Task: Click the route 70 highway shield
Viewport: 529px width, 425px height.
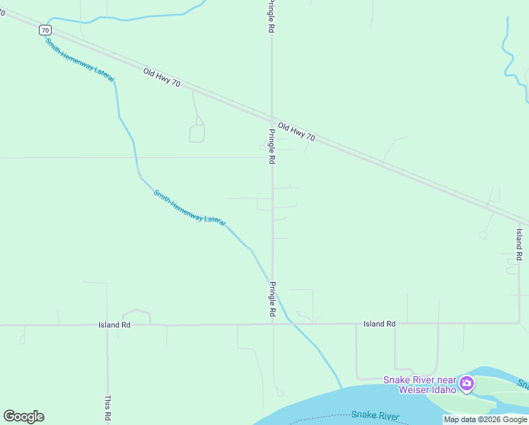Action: tap(45, 30)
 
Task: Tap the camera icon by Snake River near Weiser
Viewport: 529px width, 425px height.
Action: tap(466, 385)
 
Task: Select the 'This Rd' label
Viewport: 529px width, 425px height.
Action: tap(107, 408)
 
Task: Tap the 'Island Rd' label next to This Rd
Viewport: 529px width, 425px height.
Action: tap(115, 324)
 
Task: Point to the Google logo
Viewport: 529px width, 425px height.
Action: tap(24, 416)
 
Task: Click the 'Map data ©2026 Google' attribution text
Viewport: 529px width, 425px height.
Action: tap(484, 419)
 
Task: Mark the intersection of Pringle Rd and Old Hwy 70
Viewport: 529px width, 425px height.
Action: tap(272, 118)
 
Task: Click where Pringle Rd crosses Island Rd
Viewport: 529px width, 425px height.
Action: tap(272, 324)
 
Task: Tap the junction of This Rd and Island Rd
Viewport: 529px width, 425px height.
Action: tap(107, 325)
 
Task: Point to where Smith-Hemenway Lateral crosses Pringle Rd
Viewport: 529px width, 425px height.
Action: tap(272, 280)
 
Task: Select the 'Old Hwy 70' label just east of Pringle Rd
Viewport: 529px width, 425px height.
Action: tap(296, 132)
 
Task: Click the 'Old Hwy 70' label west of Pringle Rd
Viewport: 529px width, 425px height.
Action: tap(161, 78)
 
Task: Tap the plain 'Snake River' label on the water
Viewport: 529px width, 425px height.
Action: tap(376, 416)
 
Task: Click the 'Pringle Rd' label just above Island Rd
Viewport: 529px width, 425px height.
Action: tap(272, 298)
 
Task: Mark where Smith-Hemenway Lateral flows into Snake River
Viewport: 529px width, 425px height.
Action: tap(342, 388)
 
